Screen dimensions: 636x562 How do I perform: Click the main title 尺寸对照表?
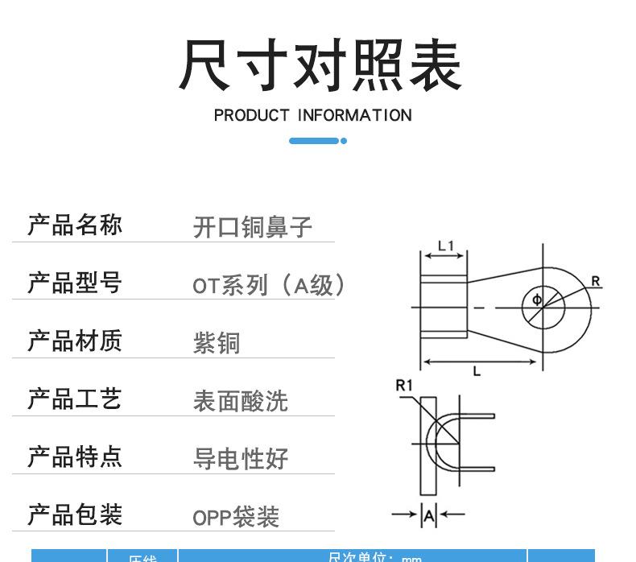coord(320,64)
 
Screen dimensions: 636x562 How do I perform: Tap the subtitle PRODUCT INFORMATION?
coord(312,115)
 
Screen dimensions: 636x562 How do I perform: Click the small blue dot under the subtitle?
coord(344,141)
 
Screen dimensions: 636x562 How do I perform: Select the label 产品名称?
coord(75,225)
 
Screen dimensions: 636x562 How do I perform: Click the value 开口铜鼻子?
coord(252,227)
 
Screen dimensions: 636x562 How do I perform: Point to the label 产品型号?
coord(75,283)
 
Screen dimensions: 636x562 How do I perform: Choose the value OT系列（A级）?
coord(269,285)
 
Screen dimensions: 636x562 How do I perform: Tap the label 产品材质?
coord(75,341)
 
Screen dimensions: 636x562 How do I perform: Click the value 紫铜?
coord(217,343)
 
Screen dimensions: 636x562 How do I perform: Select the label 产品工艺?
coord(75,399)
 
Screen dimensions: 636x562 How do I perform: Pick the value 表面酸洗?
coord(240,401)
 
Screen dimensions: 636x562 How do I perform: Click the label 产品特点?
coord(75,457)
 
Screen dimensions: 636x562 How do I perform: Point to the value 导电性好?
coord(240,459)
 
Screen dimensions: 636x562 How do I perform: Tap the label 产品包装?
coord(75,514)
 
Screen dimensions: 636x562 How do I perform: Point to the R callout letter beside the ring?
coord(596,281)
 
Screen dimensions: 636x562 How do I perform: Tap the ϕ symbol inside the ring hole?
coord(537,301)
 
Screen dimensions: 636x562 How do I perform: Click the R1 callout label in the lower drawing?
coord(404,386)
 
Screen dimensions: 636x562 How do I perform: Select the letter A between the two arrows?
coord(429,514)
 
